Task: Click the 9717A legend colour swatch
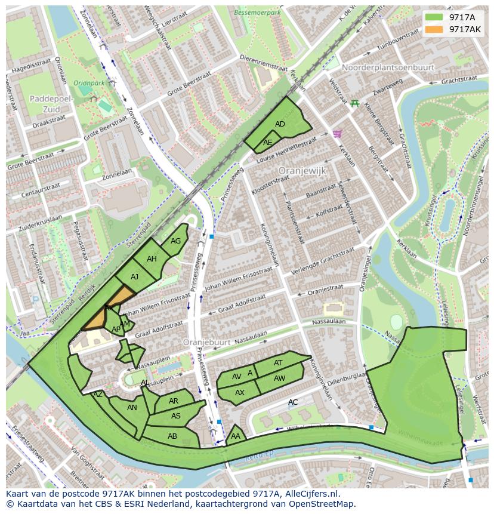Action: pyautogui.click(x=434, y=17)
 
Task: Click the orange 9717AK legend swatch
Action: pyautogui.click(x=434, y=29)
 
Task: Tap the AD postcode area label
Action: pyautogui.click(x=280, y=124)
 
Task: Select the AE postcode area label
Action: pyautogui.click(x=267, y=143)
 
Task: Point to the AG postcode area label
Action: pyautogui.click(x=175, y=241)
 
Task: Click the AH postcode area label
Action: pyautogui.click(x=152, y=259)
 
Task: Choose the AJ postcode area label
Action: pyautogui.click(x=134, y=277)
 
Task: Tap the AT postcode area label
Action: pyautogui.click(x=278, y=363)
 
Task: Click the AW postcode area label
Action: pyautogui.click(x=279, y=378)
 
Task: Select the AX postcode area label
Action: pyautogui.click(x=239, y=393)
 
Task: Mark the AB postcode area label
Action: pyautogui.click(x=172, y=436)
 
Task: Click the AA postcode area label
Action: pyautogui.click(x=235, y=437)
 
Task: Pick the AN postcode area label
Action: pyautogui.click(x=132, y=408)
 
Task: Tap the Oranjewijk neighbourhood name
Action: pyautogui.click(x=302, y=171)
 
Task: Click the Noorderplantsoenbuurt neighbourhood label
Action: pyautogui.click(x=388, y=67)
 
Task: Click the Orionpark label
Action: pyautogui.click(x=89, y=83)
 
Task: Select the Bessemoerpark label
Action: pyautogui.click(x=258, y=11)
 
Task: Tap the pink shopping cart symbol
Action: pyautogui.click(x=337, y=134)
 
